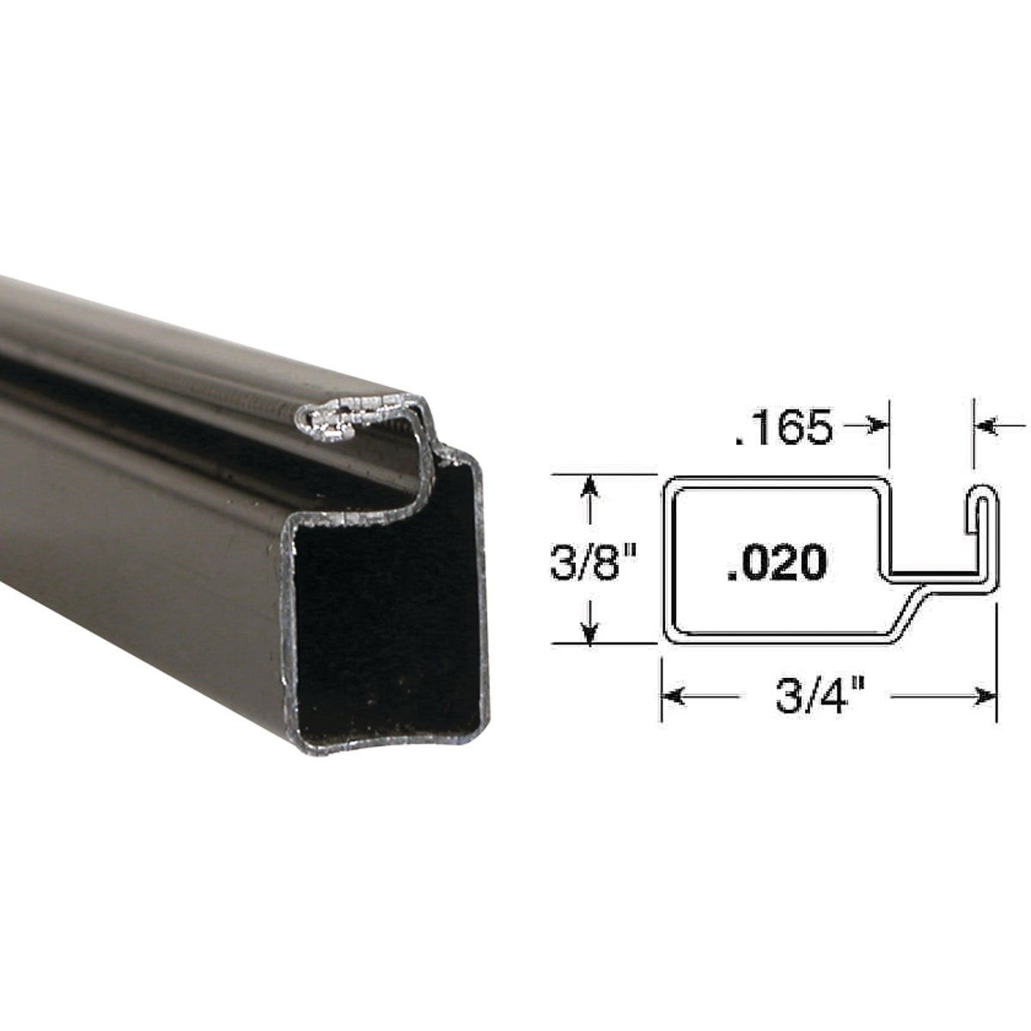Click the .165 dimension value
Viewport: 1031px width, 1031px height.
tap(784, 428)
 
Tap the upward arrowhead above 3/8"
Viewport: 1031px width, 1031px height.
tap(589, 487)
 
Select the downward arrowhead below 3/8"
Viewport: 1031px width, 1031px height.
tap(589, 631)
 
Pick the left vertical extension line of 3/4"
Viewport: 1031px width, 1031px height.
tap(660, 687)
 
